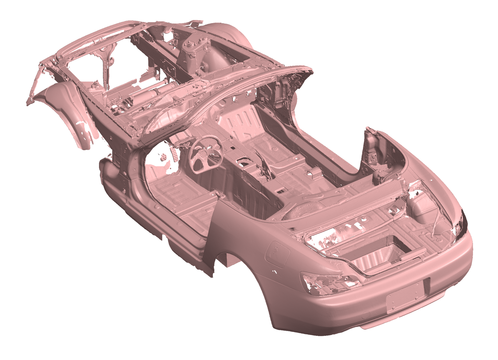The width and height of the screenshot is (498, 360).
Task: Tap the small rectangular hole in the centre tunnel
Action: [281, 190]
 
